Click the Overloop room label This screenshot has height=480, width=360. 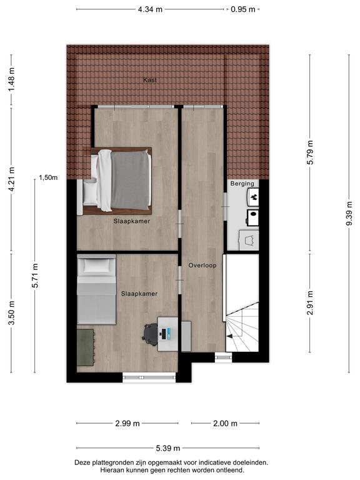click(x=202, y=266)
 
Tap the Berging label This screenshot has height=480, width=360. click(x=242, y=183)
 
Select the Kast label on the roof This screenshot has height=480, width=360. click(x=150, y=80)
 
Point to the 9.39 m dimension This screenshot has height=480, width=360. click(x=349, y=214)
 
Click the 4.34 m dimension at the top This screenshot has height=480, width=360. click(x=150, y=9)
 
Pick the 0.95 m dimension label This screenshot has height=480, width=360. click(x=242, y=9)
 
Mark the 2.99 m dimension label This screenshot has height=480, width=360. click(x=127, y=423)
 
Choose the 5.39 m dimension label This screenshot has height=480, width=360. click(x=168, y=448)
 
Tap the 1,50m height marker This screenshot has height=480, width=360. click(x=48, y=177)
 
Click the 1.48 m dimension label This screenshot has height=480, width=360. click(x=11, y=79)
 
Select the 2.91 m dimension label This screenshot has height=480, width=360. click(x=311, y=302)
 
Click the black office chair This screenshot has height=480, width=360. click(x=150, y=334)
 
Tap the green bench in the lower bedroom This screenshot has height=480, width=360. click(x=86, y=347)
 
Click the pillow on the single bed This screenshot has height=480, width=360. click(x=96, y=266)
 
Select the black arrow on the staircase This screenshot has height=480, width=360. click(x=229, y=336)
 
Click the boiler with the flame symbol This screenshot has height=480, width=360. click(x=253, y=197)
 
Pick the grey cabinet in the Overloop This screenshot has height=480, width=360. click(x=186, y=336)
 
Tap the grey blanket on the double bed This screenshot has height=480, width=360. click(x=131, y=181)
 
